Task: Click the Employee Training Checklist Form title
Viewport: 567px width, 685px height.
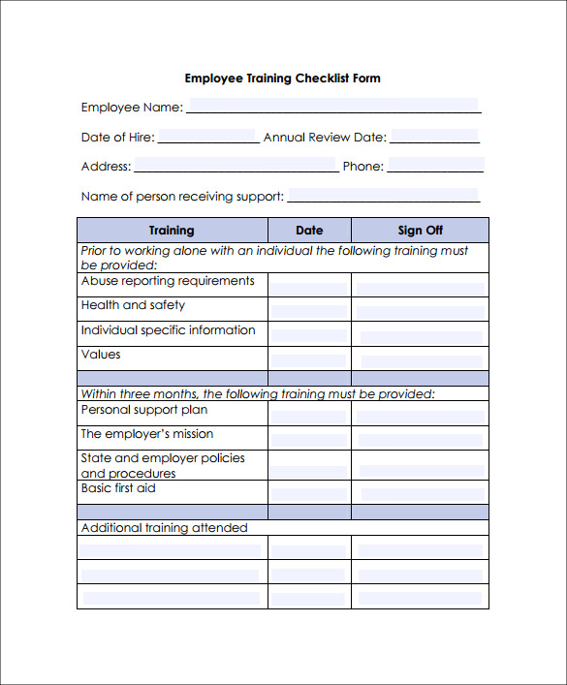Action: (x=282, y=78)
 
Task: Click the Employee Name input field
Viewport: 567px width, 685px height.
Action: (x=332, y=106)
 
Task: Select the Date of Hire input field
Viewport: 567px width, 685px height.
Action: (x=206, y=137)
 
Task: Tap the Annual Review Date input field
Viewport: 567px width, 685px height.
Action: (x=434, y=137)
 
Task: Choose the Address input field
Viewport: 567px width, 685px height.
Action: (x=235, y=166)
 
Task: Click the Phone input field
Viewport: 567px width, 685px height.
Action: (x=435, y=166)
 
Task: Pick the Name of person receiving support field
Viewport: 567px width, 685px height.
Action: (x=383, y=196)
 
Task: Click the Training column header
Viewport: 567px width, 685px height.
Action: (x=172, y=231)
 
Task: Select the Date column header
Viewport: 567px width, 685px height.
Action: (x=309, y=231)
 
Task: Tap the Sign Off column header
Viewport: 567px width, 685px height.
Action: (x=420, y=231)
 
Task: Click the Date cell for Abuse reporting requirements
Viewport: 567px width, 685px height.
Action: (x=309, y=285)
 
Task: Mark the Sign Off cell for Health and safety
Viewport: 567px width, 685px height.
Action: (x=420, y=310)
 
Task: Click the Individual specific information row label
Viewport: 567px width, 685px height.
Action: (x=169, y=330)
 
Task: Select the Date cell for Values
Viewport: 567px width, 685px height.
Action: (x=309, y=358)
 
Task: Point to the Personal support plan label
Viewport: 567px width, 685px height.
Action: (x=144, y=410)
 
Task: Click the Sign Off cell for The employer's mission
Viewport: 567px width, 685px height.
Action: (x=420, y=438)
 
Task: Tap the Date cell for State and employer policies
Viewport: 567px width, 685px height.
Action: (x=309, y=465)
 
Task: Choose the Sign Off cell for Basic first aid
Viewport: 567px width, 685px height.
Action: (x=420, y=492)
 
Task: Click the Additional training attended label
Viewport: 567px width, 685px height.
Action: (x=165, y=528)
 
